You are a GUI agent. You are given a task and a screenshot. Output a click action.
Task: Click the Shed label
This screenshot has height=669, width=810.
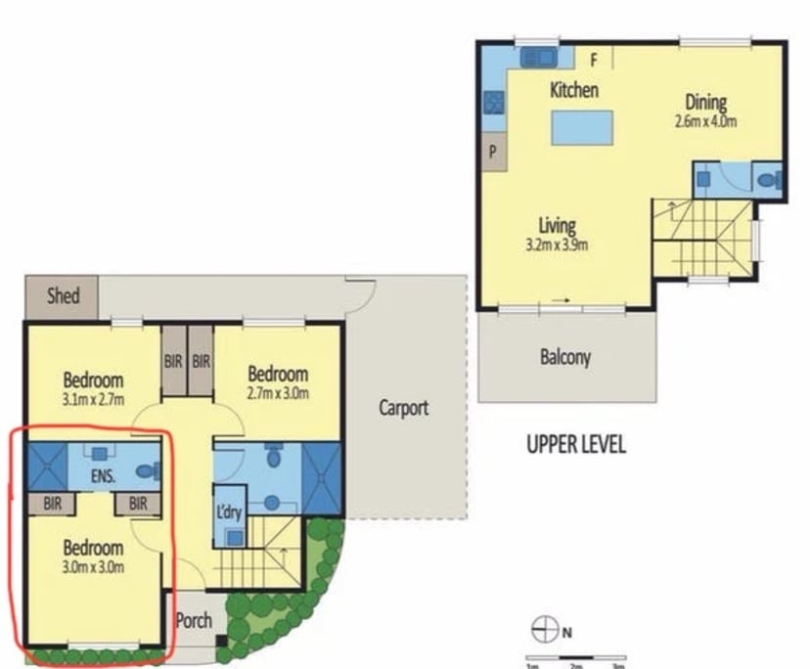coord(63,295)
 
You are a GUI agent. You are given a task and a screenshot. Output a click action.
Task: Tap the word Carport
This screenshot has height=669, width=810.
coord(404,408)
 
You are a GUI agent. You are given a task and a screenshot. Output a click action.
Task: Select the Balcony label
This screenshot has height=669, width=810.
coord(565,357)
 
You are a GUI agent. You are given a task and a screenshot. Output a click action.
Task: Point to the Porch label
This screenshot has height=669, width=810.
coord(194,620)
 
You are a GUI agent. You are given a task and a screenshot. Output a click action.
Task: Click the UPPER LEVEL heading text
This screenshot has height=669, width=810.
coord(576,445)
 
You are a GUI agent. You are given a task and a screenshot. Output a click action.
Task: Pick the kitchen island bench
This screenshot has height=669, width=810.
coord(583,128)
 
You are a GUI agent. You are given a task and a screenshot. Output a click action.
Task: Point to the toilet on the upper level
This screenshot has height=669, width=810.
coord(771,180)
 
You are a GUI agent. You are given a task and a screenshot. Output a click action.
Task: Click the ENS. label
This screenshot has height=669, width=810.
coord(104,477)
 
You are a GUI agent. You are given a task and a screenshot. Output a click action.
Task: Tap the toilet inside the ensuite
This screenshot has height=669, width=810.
coord(146,471)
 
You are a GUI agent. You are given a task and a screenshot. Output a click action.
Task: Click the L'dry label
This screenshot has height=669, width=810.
coord(228,513)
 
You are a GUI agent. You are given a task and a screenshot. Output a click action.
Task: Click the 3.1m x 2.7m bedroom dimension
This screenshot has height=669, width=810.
coord(94,398)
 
